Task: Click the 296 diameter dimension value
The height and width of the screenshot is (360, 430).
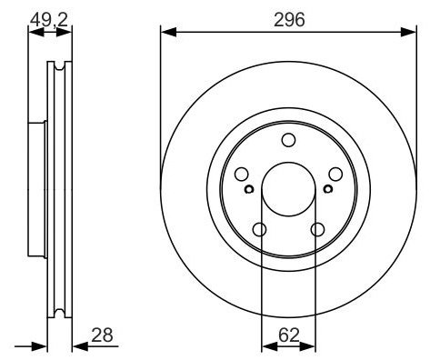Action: pos(289,20)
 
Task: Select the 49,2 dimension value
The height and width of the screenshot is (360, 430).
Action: pos(48,20)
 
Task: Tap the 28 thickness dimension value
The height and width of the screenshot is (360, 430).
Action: pos(102,335)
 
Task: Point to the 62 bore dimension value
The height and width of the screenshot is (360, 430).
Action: pos(289,335)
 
